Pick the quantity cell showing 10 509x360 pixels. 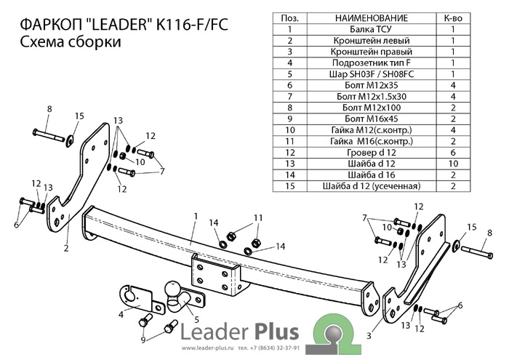click(453, 159)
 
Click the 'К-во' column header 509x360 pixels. click(453, 16)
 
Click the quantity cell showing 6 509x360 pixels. click(453, 146)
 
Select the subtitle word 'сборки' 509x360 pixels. click(95, 44)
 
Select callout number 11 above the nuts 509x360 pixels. click(258, 217)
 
